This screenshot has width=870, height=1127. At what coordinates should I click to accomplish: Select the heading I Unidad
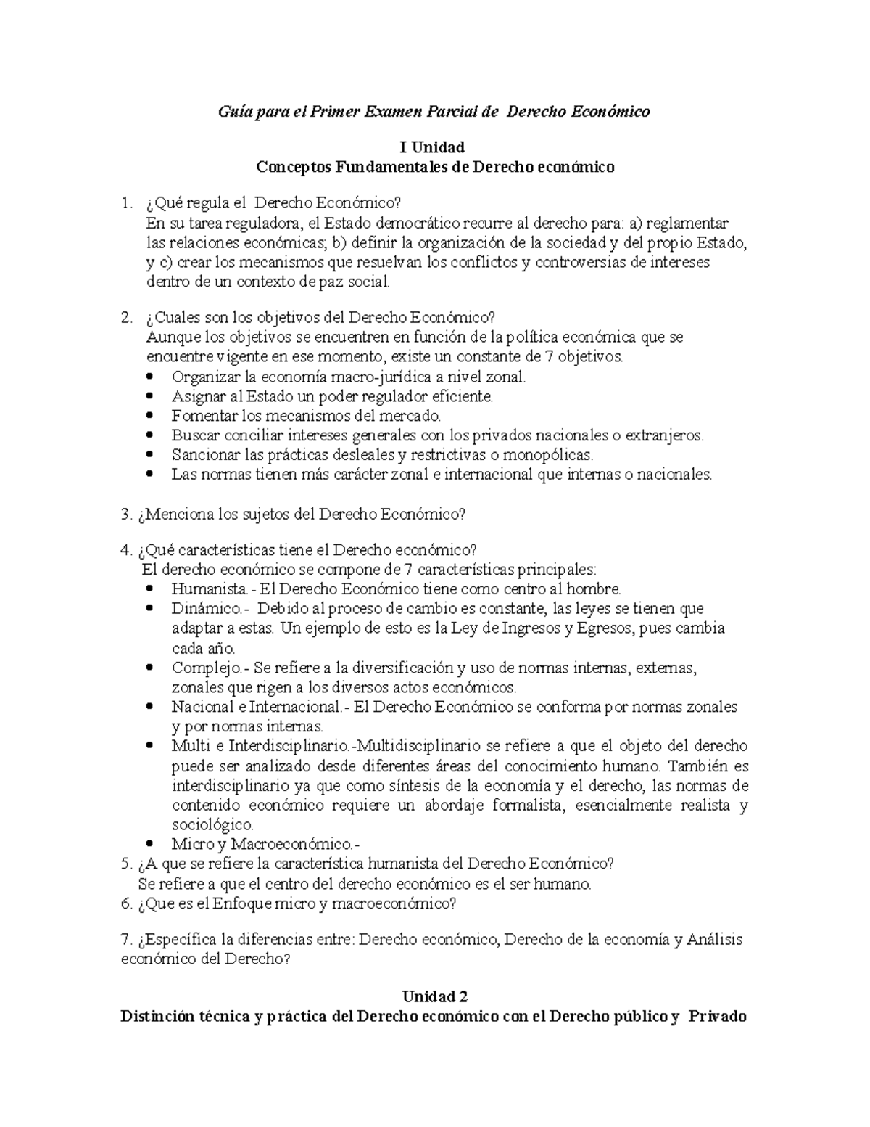(435, 148)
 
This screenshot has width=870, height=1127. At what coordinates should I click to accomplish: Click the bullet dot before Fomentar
(150, 417)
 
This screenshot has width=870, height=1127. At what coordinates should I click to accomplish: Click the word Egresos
(602, 628)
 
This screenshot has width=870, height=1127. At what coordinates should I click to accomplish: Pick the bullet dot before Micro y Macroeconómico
(150, 844)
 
